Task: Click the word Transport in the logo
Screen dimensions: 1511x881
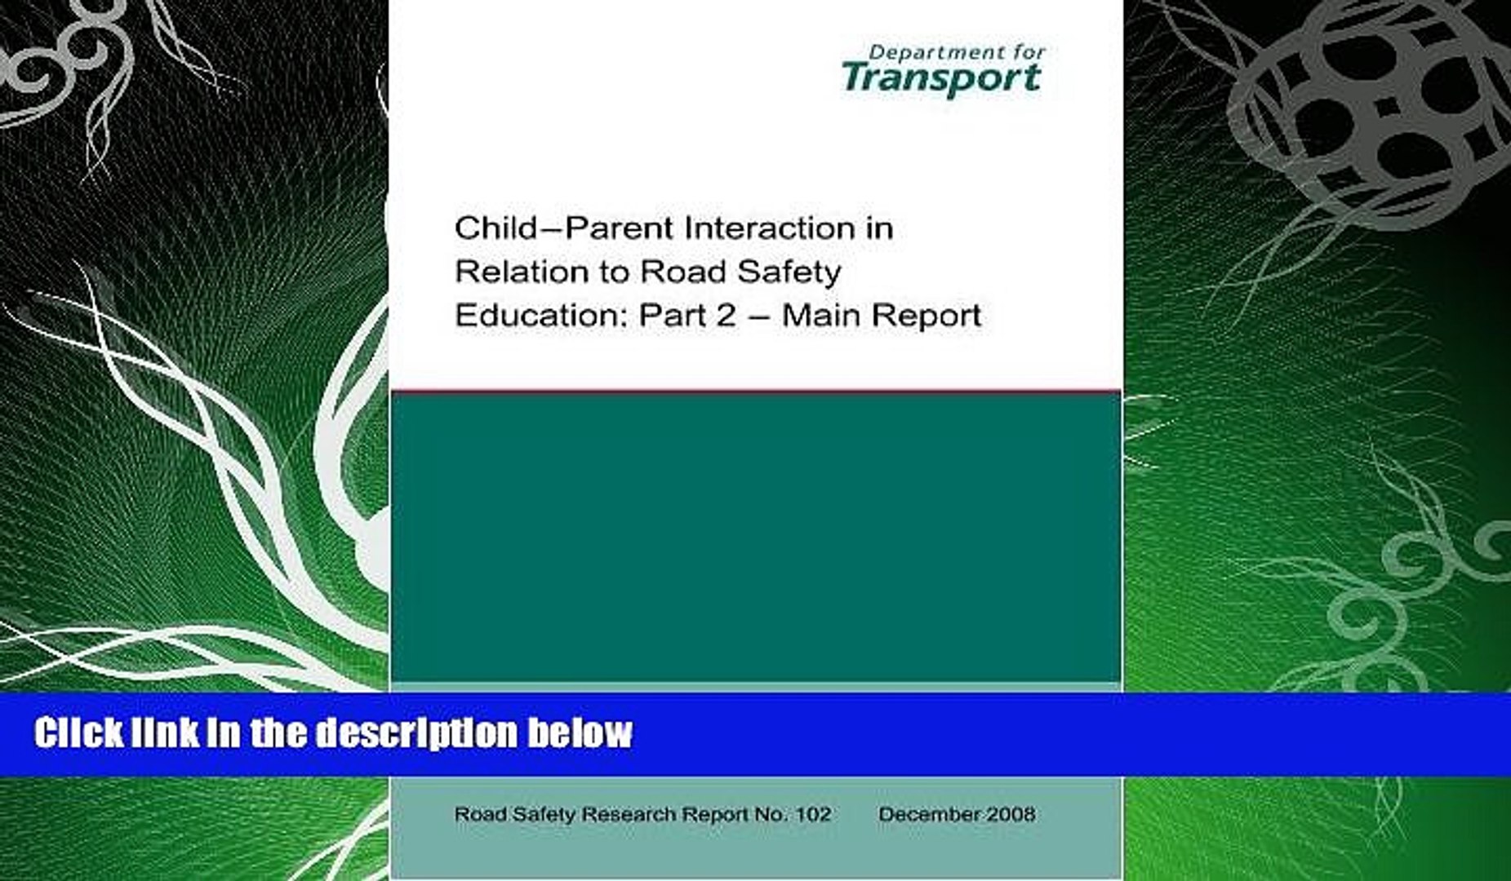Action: tap(941, 79)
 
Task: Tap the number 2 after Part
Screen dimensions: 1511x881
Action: tap(726, 316)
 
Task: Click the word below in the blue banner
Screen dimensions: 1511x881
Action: tap(580, 733)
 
